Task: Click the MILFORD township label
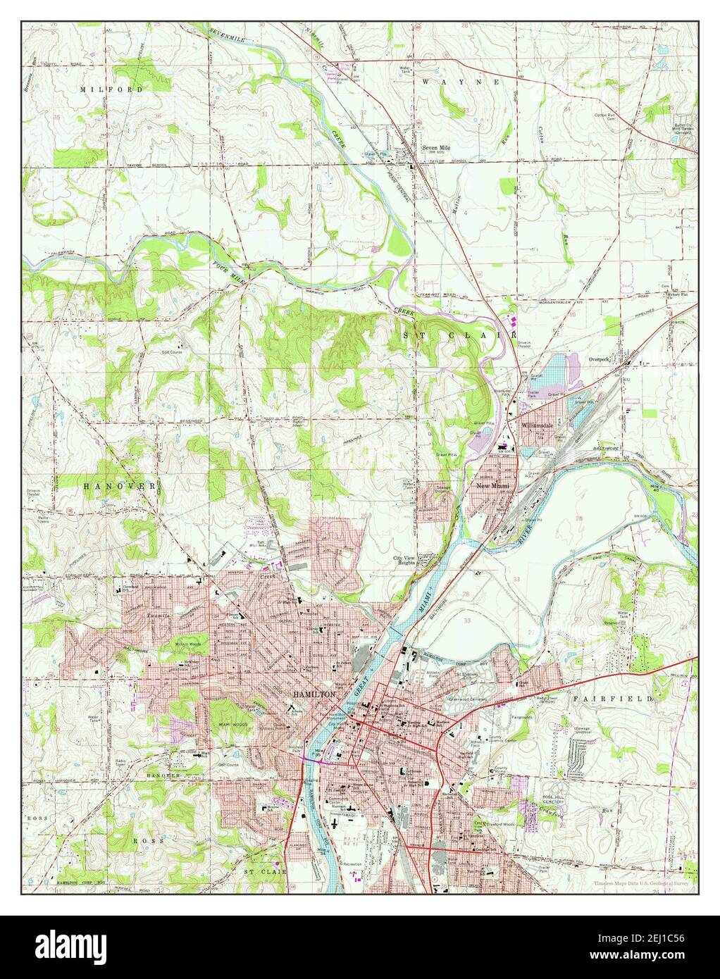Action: (111, 90)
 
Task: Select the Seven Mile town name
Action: (435, 148)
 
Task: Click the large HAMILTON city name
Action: (314, 694)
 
